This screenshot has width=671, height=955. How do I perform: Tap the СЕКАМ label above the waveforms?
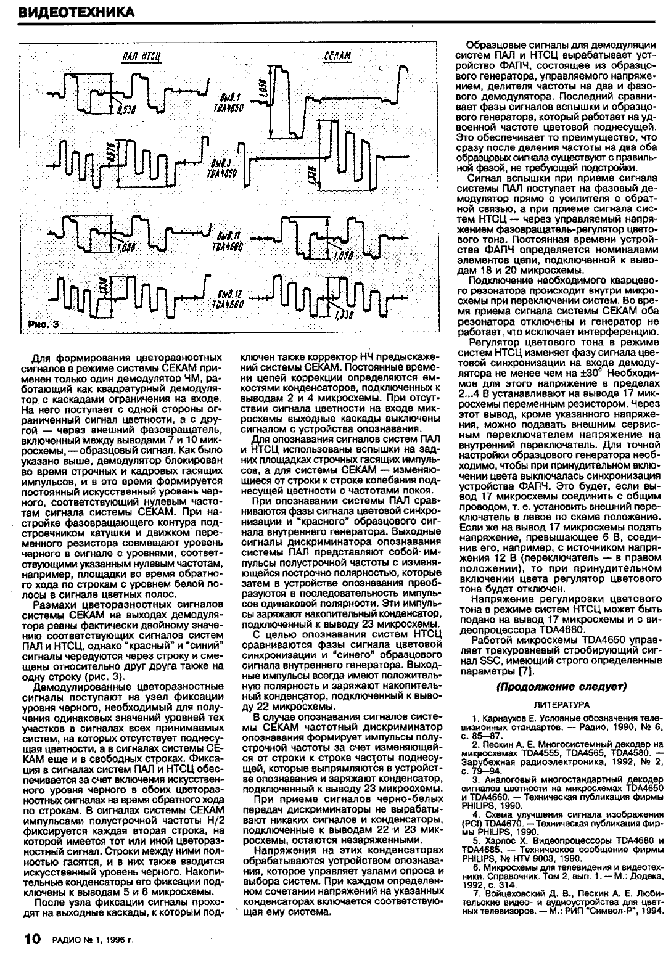coord(337,57)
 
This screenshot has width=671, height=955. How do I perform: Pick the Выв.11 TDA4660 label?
coord(233,240)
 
